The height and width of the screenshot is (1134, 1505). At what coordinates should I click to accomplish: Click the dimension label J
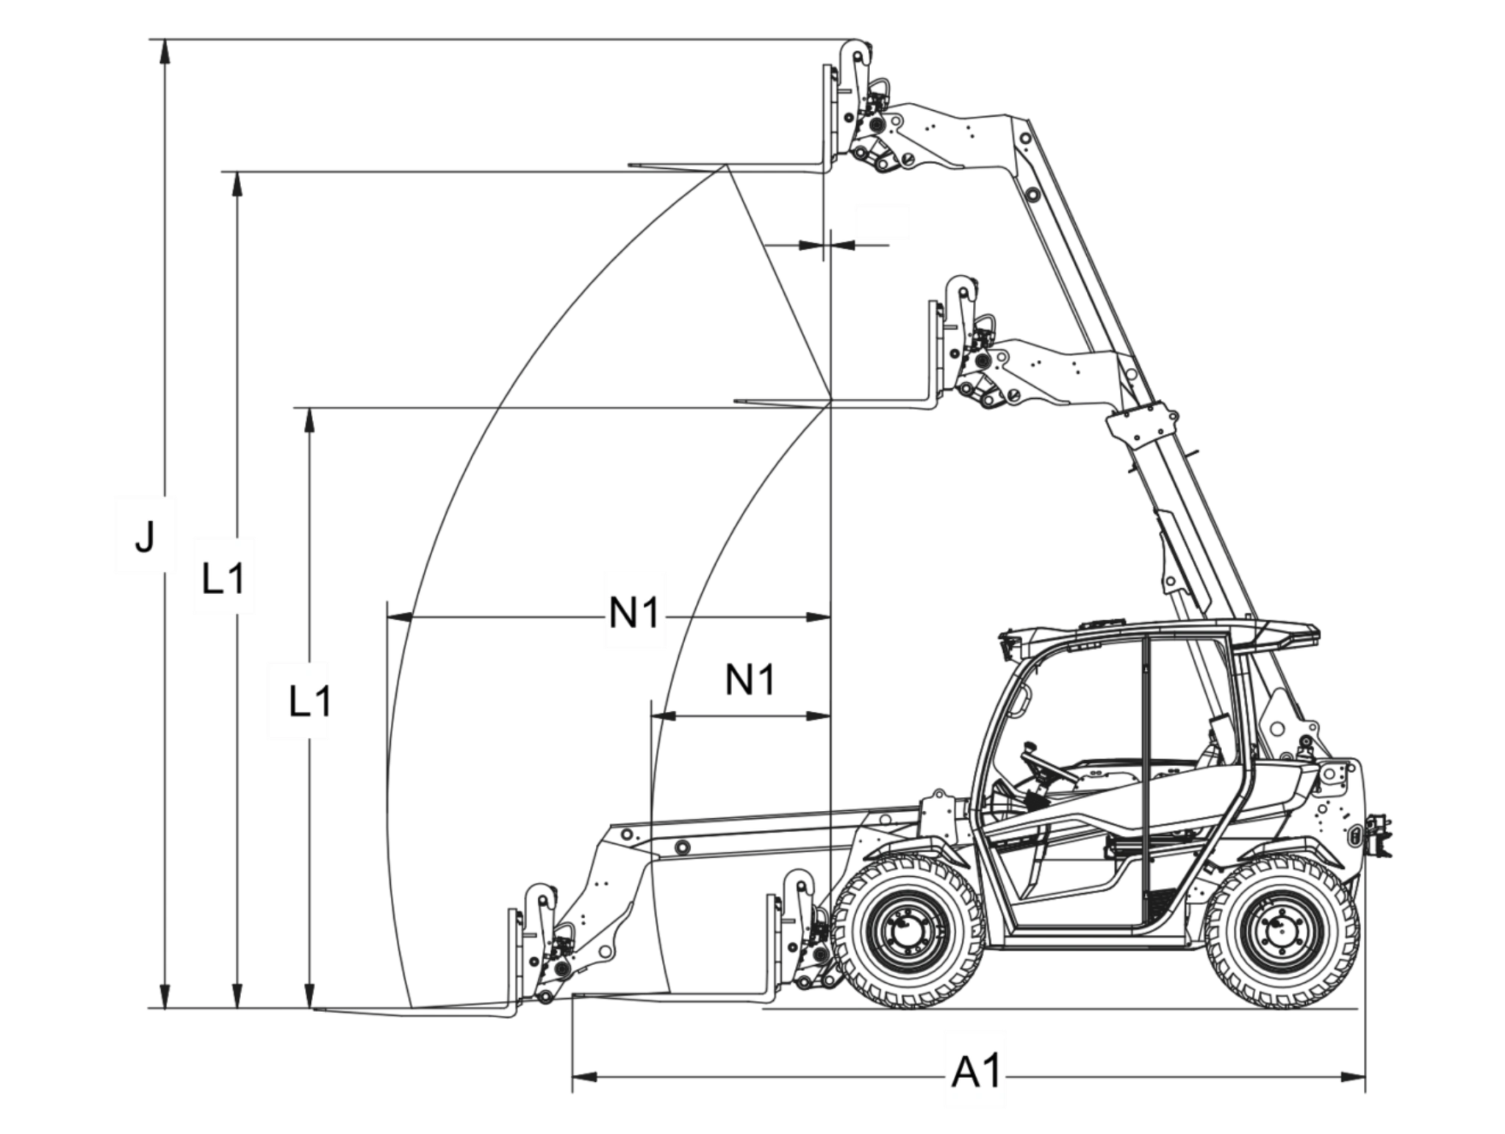pos(145,536)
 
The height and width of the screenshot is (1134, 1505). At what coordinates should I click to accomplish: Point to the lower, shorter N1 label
pos(750,679)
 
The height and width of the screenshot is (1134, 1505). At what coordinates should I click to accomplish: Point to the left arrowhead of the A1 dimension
pos(584,1077)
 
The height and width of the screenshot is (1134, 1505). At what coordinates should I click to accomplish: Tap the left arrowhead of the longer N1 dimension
pos(399,617)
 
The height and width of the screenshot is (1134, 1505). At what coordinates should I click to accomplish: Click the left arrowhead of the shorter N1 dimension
pos(664,716)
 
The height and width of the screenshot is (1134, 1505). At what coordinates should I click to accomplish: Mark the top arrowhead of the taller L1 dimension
pos(237,185)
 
